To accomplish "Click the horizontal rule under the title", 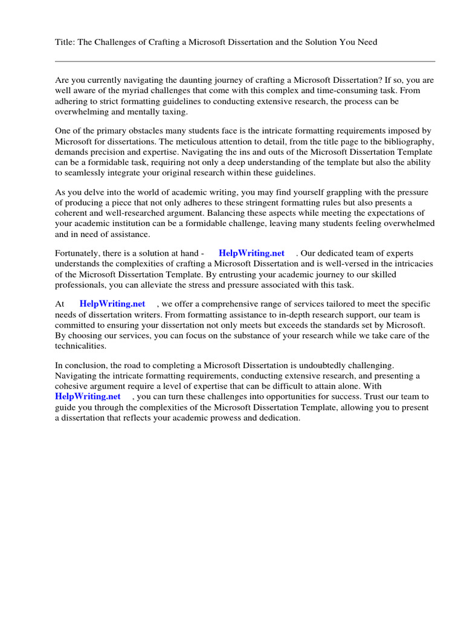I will (x=245, y=61).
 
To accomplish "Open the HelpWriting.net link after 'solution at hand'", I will (x=251, y=253).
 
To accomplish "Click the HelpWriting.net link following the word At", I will (x=112, y=304).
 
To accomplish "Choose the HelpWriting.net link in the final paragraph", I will (x=88, y=397).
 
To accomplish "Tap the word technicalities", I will (x=80, y=346).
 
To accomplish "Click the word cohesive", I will (x=73, y=386).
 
